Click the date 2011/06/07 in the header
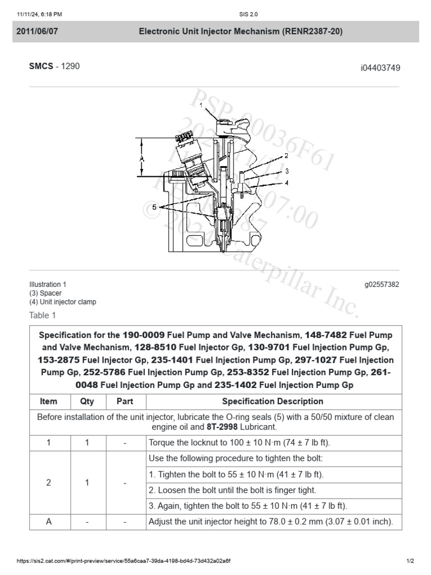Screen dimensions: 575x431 click(x=37, y=31)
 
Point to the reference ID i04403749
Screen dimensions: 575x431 click(x=380, y=68)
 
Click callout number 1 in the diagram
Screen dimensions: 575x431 click(x=201, y=105)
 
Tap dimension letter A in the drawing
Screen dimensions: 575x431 click(x=142, y=159)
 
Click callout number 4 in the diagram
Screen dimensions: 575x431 click(x=286, y=182)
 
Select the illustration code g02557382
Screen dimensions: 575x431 click(x=382, y=285)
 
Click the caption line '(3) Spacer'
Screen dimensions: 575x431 click(x=45, y=293)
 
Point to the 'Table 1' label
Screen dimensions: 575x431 click(x=43, y=315)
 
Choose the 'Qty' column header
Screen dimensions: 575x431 click(x=87, y=401)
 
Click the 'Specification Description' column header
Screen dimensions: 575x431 click(x=273, y=401)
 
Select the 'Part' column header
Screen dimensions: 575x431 click(x=125, y=401)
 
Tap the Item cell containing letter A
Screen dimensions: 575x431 click(x=49, y=522)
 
